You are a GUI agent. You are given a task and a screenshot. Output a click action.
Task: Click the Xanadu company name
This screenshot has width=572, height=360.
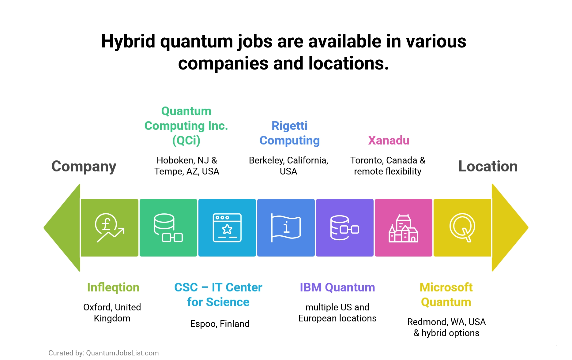coord(389,141)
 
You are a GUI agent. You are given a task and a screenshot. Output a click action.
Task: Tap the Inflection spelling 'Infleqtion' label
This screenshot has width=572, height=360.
coord(113,287)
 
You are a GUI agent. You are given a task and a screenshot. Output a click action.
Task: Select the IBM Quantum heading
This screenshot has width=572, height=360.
coord(337,287)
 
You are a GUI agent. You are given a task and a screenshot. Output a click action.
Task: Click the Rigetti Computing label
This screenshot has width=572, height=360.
coord(289,133)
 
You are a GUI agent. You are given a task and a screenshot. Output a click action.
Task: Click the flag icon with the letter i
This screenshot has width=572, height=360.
coord(286,227)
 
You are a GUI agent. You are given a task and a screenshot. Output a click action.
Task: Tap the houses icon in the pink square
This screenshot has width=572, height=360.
coord(403,228)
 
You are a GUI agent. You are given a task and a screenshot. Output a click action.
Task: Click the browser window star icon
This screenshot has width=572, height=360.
coord(227,227)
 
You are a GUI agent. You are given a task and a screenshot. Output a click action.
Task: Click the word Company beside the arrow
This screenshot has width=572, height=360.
coord(84,167)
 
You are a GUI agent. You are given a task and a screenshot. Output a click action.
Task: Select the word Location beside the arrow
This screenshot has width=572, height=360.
coord(488,167)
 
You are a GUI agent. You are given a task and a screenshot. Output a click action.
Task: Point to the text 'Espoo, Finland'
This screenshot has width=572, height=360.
coord(220,324)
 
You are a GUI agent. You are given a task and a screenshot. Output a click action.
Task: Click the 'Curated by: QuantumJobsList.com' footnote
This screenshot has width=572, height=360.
coord(103,353)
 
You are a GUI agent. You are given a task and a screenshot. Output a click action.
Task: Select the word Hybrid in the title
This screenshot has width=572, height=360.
coord(128,41)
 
